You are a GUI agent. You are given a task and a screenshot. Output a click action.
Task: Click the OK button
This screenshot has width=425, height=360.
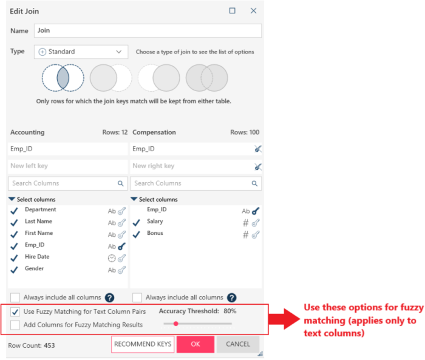195,344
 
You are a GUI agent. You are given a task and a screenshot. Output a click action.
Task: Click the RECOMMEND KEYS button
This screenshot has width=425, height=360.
143,344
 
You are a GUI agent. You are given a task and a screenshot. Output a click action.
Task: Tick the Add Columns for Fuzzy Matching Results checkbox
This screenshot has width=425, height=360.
15,325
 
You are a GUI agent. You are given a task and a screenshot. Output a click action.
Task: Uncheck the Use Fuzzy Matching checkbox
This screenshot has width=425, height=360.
15,312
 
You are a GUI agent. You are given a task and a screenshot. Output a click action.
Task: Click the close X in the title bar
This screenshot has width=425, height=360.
253,10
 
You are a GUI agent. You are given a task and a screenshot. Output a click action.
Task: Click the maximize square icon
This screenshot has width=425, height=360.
233,10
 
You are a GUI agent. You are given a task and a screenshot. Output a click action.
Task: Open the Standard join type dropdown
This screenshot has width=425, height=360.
81,52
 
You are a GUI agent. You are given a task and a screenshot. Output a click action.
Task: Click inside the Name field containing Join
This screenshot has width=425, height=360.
148,30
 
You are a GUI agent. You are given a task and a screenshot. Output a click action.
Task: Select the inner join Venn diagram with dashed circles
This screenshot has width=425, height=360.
63,78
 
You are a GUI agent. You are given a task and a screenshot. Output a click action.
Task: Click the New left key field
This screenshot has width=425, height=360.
68,166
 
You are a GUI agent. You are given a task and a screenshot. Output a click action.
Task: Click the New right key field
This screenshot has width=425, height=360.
191,166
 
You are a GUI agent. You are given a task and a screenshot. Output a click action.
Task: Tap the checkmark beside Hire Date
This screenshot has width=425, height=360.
14,258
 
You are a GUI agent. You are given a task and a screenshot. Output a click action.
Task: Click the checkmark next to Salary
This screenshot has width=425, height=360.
137,223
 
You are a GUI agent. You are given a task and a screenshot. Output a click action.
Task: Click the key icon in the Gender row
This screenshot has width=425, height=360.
121,270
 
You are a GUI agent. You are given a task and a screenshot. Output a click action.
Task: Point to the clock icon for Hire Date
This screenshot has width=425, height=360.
112,259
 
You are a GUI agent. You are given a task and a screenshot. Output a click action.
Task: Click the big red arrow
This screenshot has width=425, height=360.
285,319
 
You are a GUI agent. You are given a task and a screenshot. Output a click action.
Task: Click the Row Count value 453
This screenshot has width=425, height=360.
49,345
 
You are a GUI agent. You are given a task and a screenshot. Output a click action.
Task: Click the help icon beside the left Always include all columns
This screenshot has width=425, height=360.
109,298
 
